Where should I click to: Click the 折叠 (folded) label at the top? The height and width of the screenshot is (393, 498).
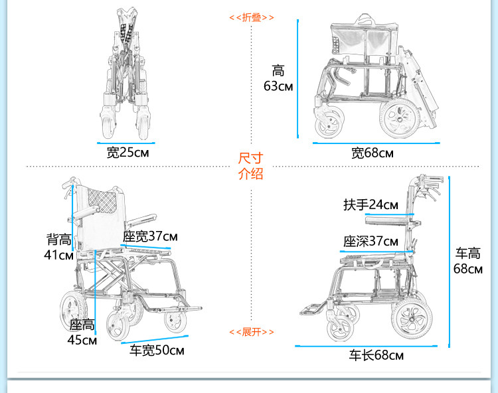point(250,17)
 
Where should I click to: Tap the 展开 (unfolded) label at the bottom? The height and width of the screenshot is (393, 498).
point(250,331)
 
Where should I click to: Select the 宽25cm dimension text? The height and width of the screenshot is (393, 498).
point(128,153)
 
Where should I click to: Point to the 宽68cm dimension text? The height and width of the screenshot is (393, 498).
point(373,153)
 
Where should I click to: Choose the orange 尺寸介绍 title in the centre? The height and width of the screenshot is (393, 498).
point(250,166)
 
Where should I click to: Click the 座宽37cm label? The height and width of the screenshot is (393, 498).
point(150,236)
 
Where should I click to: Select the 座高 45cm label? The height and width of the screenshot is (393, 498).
point(82,333)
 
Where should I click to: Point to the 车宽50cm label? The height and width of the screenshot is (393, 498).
point(157,351)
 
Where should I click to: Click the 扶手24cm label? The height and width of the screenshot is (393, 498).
point(371,204)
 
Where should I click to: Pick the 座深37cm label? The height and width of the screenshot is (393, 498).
point(371,241)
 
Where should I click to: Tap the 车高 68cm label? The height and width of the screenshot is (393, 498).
point(467,261)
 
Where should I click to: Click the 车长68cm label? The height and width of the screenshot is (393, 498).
point(376,355)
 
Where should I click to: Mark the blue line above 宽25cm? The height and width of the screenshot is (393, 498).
point(127,141)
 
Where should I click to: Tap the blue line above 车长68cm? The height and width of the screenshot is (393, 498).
point(367,345)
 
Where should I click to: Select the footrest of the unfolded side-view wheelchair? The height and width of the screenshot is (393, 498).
point(310,308)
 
